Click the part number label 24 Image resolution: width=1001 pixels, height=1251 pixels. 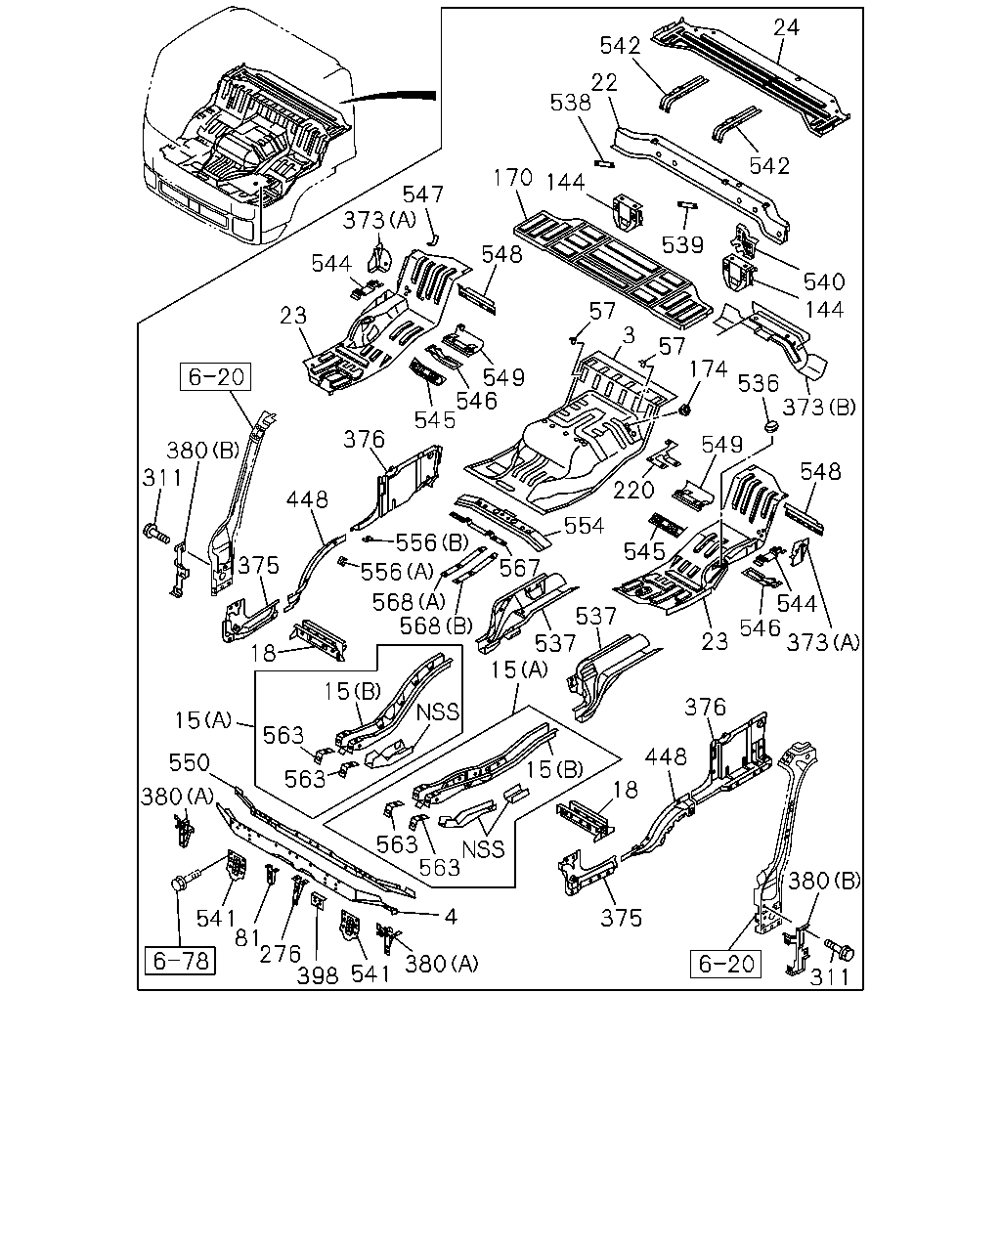click(x=786, y=27)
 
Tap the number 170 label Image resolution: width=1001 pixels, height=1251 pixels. click(x=512, y=178)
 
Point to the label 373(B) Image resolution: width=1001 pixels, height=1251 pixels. click(x=819, y=408)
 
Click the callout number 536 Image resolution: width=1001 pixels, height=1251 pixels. click(x=759, y=383)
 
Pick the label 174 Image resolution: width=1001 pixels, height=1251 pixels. click(x=709, y=369)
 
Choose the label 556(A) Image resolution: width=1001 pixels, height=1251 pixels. click(x=397, y=572)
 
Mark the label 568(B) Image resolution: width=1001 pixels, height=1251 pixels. click(x=436, y=625)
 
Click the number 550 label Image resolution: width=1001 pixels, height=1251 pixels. click(x=189, y=762)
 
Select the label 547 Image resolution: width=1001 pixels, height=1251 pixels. click(x=423, y=194)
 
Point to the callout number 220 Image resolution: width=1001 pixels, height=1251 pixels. click(x=633, y=490)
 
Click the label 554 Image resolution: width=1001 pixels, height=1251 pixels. click(x=584, y=526)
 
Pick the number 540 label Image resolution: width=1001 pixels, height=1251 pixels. click(x=824, y=281)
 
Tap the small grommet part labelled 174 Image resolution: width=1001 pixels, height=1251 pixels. click(x=684, y=410)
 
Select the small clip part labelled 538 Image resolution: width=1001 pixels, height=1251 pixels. click(x=604, y=164)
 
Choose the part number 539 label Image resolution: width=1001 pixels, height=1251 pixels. click(x=683, y=244)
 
